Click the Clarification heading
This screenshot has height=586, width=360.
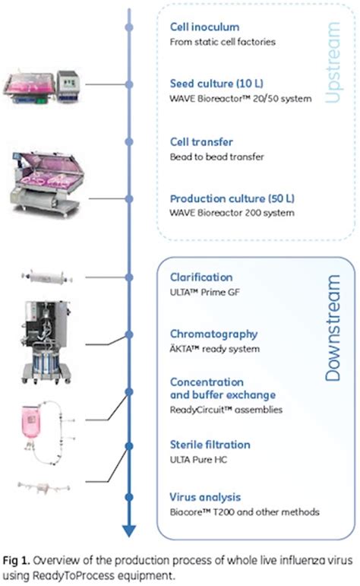click(201, 277)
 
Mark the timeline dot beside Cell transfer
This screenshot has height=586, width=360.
click(130, 142)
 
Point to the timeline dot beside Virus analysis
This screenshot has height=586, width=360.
click(130, 497)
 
